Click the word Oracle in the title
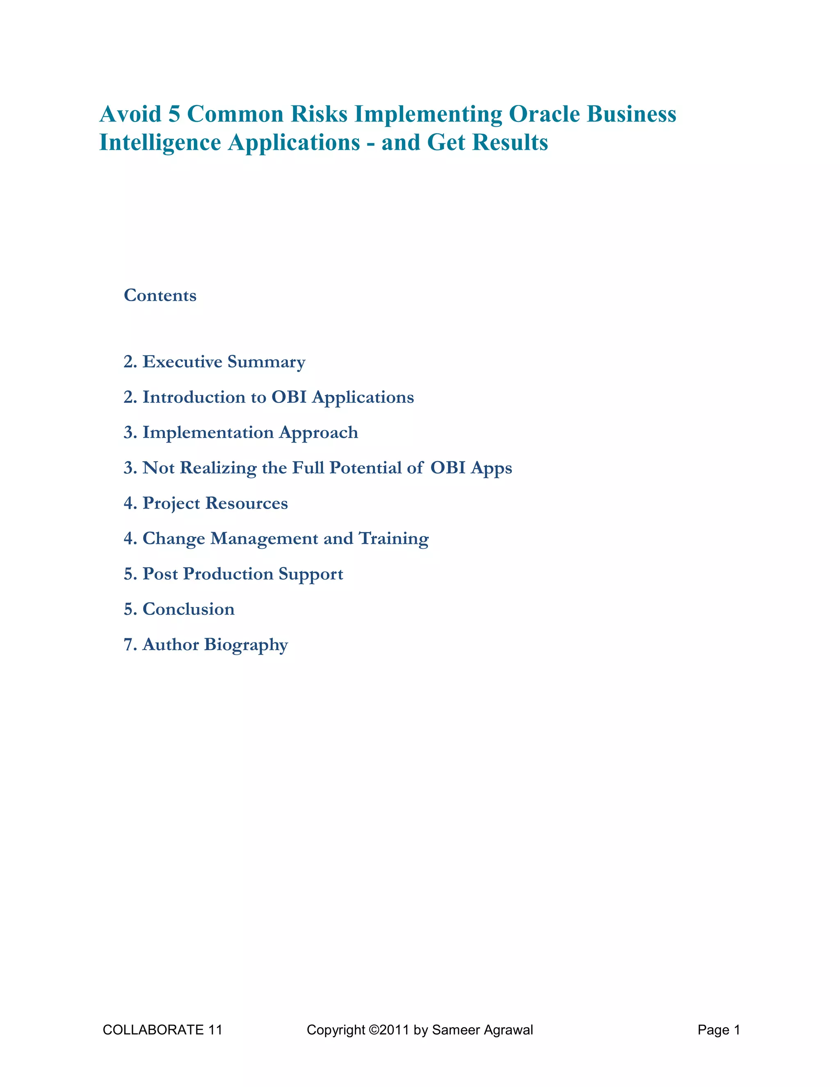coord(544,114)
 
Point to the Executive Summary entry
coord(215,362)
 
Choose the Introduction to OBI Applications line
coord(269,397)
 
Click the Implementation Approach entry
coord(241,432)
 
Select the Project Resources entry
coord(205,503)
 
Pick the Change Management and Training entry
coord(276,539)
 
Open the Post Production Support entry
coord(233,574)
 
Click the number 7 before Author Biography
coord(128,644)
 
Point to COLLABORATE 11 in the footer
coord(162,1030)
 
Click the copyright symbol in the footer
coord(373,1030)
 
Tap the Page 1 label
coord(719,1030)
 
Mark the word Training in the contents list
coord(394,539)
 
